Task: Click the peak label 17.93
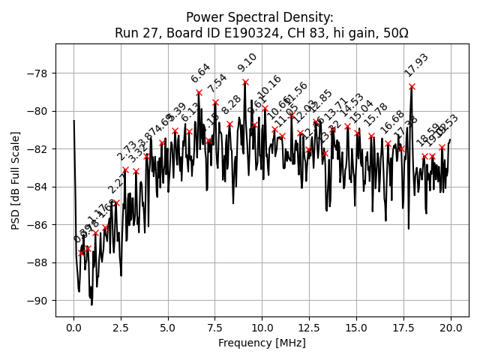point(416,65)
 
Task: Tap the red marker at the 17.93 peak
point(412,86)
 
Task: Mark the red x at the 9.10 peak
point(245,82)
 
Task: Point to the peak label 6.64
point(201,73)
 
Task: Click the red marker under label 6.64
point(199,92)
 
